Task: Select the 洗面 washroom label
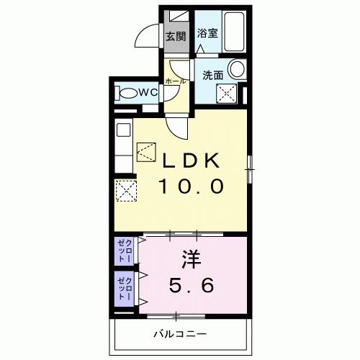point(212,73)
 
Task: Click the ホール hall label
point(176,81)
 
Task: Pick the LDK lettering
point(191,160)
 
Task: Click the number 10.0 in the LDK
point(192,186)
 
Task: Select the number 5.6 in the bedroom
point(191,286)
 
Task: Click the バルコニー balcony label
point(181,333)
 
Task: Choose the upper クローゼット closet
point(125,252)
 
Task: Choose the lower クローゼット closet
point(125,288)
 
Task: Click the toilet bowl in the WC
point(129,92)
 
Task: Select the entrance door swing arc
point(150,36)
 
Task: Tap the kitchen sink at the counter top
point(123,132)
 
